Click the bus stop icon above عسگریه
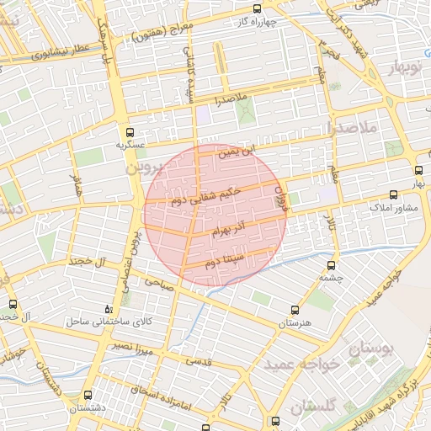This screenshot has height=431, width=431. [x=129, y=132]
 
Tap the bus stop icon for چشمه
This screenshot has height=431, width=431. [x=326, y=264]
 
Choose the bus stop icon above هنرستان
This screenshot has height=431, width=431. [x=294, y=311]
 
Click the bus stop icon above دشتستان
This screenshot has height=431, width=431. [x=89, y=394]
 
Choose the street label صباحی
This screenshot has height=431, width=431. [x=158, y=283]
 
